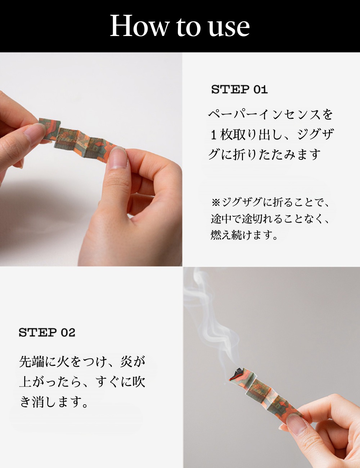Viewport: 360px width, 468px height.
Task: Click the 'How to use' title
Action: (x=180, y=26)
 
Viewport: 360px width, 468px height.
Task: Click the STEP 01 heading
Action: (x=239, y=89)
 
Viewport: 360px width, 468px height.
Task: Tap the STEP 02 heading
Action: (x=47, y=332)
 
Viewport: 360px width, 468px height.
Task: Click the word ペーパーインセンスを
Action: (x=270, y=114)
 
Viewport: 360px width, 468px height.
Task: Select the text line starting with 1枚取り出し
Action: (x=272, y=134)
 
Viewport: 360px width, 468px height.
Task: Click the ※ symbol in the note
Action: (x=216, y=203)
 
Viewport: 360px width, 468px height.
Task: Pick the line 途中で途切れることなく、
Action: (x=270, y=219)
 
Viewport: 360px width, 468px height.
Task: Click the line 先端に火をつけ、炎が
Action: (x=82, y=361)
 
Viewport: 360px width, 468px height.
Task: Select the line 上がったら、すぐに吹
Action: (x=82, y=382)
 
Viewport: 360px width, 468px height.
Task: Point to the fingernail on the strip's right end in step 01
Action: (x=118, y=157)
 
